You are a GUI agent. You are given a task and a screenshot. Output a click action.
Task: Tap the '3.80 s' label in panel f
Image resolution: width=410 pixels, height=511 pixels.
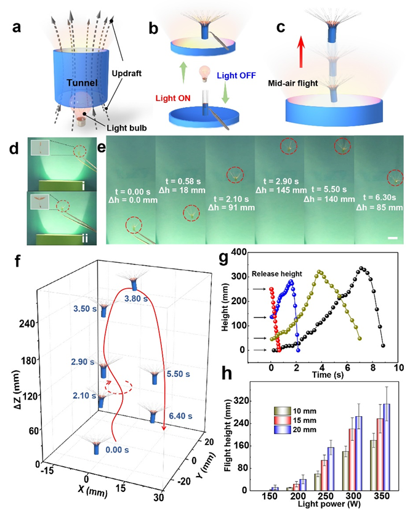pyautogui.click(x=140, y=299)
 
